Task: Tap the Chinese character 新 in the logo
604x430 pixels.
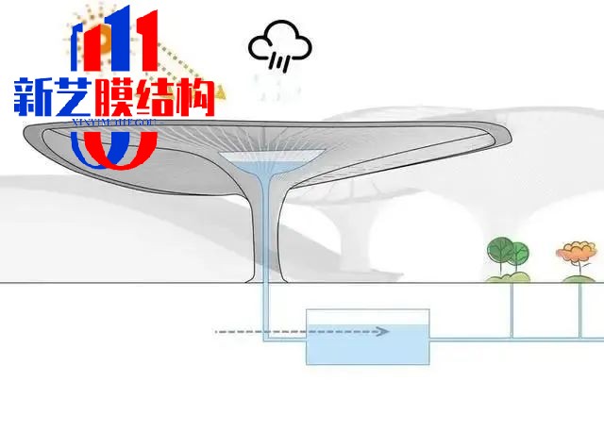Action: [35, 97]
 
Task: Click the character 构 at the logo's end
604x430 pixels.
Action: [195, 97]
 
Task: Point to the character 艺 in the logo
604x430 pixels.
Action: [75, 97]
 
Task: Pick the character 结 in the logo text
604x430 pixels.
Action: [156, 97]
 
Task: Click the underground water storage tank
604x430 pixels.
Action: [367, 337]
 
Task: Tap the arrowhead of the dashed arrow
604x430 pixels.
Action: [384, 332]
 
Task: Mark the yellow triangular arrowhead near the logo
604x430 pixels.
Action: [221, 92]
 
